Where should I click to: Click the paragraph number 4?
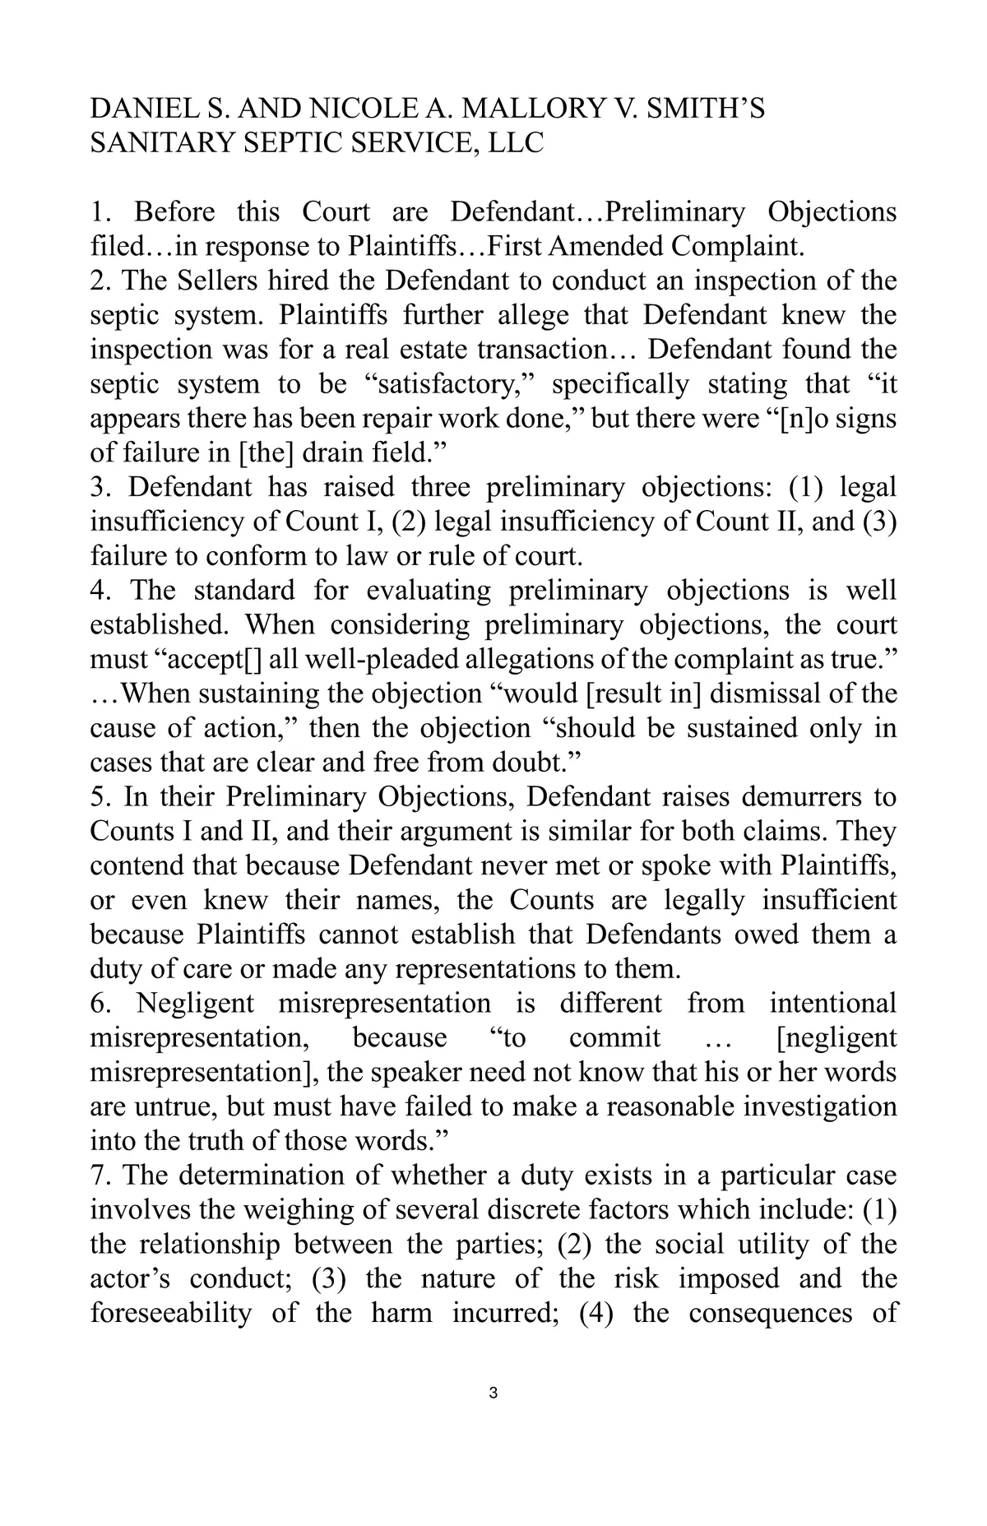coord(99,591)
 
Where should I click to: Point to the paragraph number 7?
coord(99,1176)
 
